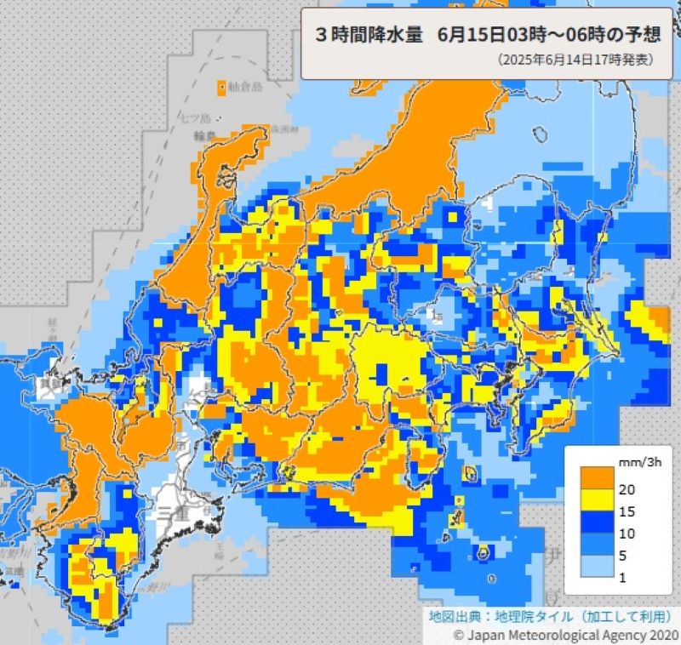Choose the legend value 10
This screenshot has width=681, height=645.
628,534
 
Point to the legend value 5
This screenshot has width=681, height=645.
625,557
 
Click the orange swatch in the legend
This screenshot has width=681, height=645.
598,477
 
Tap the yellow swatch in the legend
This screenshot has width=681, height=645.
598,500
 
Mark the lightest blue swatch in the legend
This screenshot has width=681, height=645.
598,569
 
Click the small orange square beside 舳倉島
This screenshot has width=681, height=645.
222,87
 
